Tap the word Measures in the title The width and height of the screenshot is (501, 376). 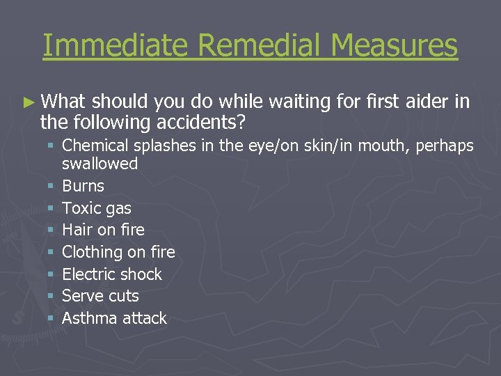click(395, 46)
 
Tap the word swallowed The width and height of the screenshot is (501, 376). click(100, 164)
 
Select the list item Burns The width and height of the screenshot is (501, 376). click(83, 186)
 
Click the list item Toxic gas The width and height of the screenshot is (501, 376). click(97, 208)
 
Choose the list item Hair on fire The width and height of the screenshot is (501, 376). click(103, 230)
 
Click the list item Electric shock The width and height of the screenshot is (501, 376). click(112, 274)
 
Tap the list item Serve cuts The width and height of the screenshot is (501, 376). click(100, 296)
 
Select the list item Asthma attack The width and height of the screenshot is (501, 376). click(115, 318)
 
